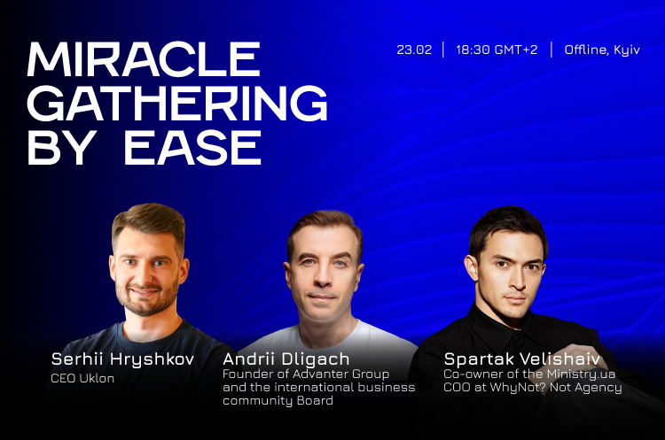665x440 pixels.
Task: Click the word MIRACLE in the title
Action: click(144, 58)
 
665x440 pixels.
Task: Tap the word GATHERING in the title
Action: click(177, 103)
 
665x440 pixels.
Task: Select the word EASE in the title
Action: click(192, 147)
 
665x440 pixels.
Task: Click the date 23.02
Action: click(414, 50)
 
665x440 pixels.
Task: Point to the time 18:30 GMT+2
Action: click(497, 50)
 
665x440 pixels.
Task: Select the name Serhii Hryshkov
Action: click(122, 359)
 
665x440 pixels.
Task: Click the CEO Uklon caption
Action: click(82, 378)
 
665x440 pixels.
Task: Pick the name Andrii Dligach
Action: click(286, 359)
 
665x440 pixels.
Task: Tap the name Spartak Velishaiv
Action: click(522, 359)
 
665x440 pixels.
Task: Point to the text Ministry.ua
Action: click(581, 374)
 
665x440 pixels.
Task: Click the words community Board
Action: click(278, 401)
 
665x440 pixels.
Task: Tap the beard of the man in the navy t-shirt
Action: click(146, 302)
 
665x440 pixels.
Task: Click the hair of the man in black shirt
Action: click(508, 228)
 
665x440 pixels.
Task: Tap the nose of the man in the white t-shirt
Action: click(323, 277)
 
